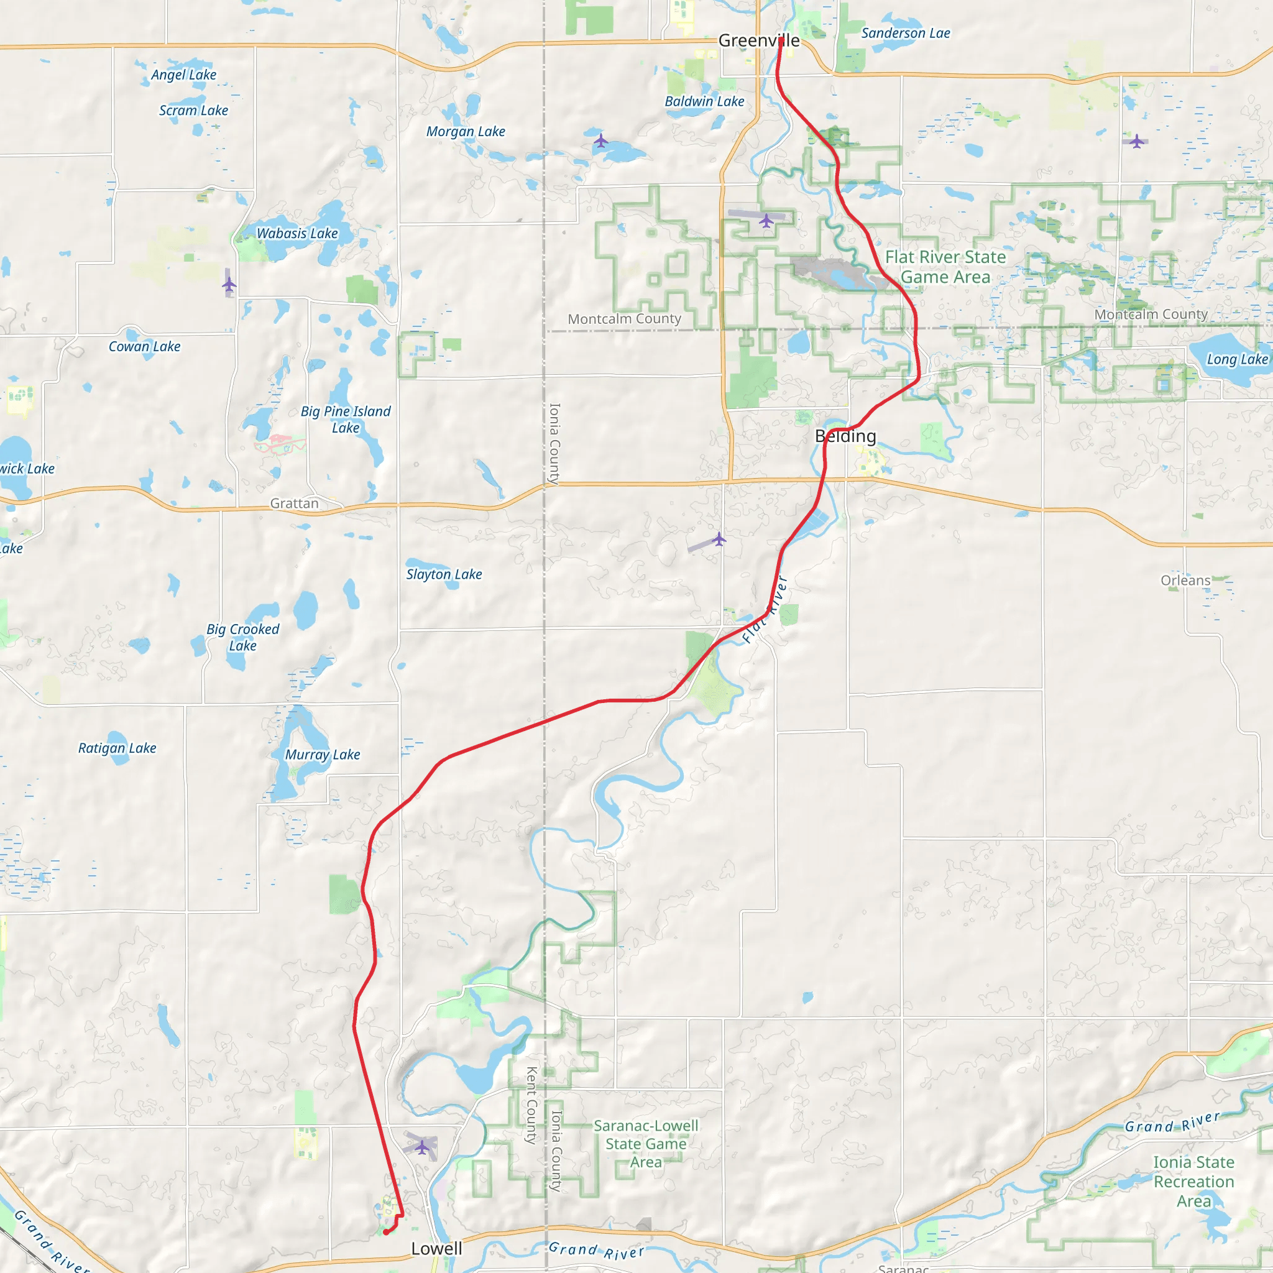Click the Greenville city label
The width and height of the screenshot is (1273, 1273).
click(x=758, y=41)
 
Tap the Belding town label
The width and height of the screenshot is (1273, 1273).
click(x=845, y=436)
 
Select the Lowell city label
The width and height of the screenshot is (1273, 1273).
click(x=436, y=1249)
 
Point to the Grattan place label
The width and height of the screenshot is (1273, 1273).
click(x=294, y=503)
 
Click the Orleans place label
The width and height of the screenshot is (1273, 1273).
click(x=1185, y=581)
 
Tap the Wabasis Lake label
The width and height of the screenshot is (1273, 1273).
click(x=297, y=233)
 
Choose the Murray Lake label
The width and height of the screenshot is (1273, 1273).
click(x=322, y=755)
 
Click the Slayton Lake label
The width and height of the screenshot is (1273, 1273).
click(x=444, y=574)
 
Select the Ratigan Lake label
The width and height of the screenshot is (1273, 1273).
click(x=117, y=748)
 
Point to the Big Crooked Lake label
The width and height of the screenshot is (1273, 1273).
click(x=242, y=637)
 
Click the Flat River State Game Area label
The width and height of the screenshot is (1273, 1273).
click(x=945, y=267)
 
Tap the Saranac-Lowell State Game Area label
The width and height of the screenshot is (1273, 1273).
click(x=646, y=1143)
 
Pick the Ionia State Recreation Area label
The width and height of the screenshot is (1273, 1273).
click(x=1193, y=1182)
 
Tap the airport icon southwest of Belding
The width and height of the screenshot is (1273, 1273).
click(x=719, y=540)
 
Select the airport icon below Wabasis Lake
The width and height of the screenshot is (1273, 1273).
click(x=229, y=285)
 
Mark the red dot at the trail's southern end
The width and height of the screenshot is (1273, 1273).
click(x=386, y=1232)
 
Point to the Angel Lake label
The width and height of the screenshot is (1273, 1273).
click(x=184, y=75)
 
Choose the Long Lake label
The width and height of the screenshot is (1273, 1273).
click(x=1237, y=360)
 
